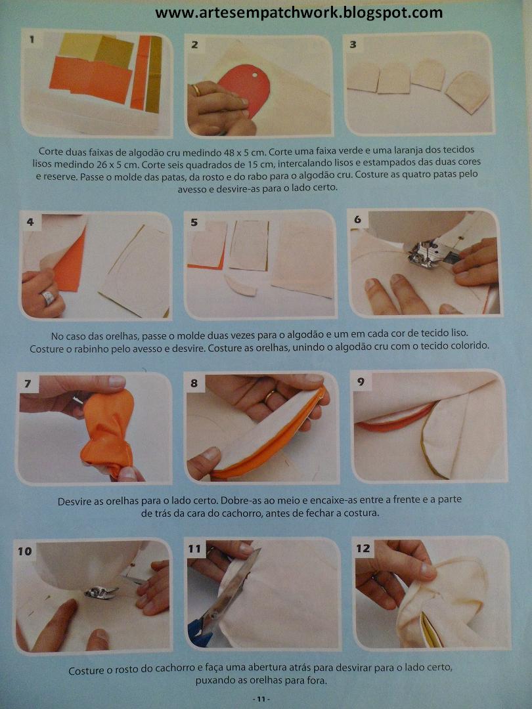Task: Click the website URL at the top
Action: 299,12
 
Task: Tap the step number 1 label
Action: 32,39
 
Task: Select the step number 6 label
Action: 357,219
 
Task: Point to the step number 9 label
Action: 361,381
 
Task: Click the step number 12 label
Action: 363,548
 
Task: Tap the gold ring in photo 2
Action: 196,89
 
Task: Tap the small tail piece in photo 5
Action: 240,286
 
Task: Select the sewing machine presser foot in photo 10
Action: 100,592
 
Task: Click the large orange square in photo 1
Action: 91,79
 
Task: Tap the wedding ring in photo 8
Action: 269,397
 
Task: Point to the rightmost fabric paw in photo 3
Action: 468,93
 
